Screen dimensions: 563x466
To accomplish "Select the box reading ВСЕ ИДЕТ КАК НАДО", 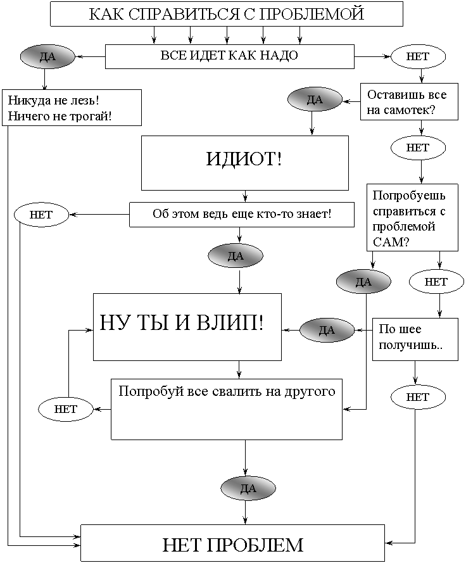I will click(229, 56).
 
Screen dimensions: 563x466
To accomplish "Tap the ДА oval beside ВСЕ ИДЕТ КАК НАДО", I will click(47, 56).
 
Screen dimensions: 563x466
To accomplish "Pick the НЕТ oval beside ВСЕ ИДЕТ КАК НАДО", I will click(418, 56).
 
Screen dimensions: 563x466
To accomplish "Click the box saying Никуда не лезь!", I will click(71, 108).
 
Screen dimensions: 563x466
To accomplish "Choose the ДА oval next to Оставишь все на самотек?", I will click(315, 99).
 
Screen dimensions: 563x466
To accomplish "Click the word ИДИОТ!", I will click(244, 159).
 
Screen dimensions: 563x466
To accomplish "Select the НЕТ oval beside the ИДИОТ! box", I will click(418, 148).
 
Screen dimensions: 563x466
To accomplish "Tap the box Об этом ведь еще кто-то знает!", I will click(241, 214).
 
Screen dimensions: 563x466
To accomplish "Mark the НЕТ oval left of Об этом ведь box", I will click(41, 215).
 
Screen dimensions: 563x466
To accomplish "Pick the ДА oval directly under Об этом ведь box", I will click(236, 256).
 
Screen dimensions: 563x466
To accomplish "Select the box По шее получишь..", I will click(415, 338).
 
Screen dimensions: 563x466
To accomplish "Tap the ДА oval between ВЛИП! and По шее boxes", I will click(327, 330).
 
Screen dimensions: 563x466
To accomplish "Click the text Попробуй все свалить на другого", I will click(227, 391).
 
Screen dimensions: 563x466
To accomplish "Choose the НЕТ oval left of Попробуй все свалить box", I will click(66, 409).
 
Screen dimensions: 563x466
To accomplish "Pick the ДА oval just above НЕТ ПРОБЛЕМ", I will click(248, 488).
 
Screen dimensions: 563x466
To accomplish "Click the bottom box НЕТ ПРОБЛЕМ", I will click(232, 544).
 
